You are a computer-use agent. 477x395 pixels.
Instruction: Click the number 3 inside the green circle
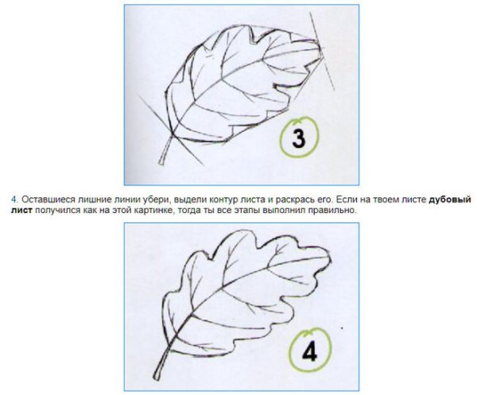click(298, 138)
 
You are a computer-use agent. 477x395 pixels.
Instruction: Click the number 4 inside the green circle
click(310, 353)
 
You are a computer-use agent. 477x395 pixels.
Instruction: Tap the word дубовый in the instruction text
click(450, 199)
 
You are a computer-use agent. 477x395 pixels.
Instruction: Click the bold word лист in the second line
click(21, 210)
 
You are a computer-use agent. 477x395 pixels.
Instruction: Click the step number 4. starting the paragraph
click(15, 199)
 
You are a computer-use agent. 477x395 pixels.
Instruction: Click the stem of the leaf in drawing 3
click(166, 150)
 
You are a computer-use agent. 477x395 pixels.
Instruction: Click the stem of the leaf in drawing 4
click(162, 363)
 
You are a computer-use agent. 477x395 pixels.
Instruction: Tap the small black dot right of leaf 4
click(342, 328)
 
